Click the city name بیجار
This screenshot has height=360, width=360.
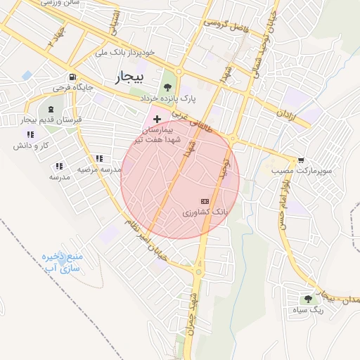click(x=128, y=76)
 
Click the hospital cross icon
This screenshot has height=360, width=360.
click(x=156, y=120)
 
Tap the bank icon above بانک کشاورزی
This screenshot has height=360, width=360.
click(x=205, y=201)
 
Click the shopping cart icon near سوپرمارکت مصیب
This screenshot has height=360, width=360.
click(x=301, y=160)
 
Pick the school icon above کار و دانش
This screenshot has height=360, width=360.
click(x=30, y=134)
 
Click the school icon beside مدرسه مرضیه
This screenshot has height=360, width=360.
click(x=99, y=159)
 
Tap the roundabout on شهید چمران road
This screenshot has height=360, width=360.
click(x=199, y=271)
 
